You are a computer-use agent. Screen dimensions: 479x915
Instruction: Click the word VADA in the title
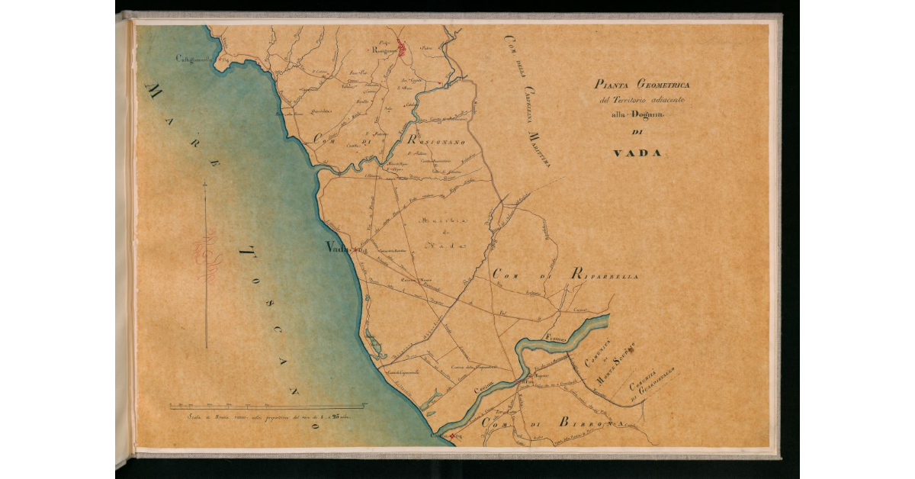click(x=637, y=153)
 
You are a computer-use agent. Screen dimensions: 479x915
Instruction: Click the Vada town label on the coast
click(x=335, y=247)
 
